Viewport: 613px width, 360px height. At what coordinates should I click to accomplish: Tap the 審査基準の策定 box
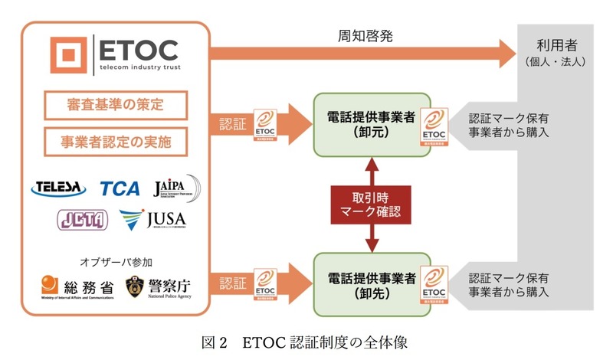(x=115, y=105)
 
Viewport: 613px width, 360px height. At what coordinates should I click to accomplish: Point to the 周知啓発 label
(x=359, y=36)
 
